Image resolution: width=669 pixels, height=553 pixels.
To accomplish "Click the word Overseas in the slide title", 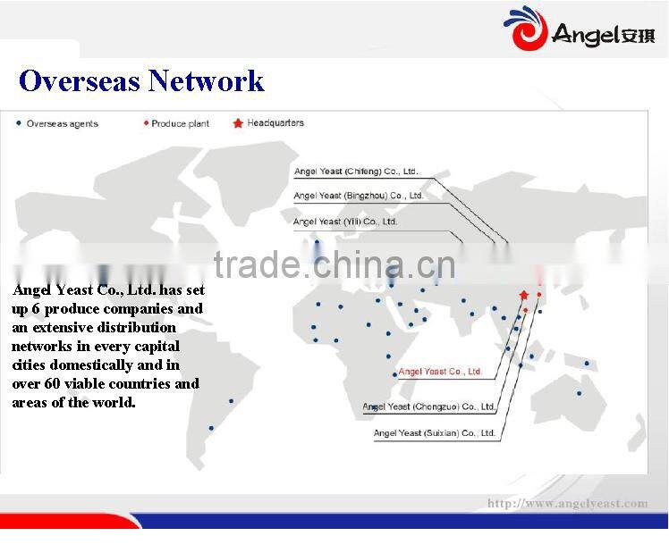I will tap(79, 81).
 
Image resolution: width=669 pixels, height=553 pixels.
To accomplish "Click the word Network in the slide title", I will tap(206, 81).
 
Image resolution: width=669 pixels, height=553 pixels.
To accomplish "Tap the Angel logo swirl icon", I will tap(525, 29).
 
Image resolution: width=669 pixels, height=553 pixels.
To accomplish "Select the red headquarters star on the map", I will tap(524, 295).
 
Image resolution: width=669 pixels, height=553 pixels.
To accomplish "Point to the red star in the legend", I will tap(238, 123).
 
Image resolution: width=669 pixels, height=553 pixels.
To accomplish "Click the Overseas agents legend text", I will tap(62, 123).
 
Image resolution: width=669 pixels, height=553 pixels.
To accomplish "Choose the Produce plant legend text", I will tap(180, 123).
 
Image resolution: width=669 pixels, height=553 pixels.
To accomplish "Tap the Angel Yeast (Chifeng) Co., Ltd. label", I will tap(356, 172).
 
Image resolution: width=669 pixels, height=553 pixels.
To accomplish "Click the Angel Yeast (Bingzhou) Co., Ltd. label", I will tap(358, 196).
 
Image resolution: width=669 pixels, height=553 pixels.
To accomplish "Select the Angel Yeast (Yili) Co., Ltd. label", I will tap(345, 221).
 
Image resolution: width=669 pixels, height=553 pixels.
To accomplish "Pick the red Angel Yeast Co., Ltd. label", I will tap(440, 372).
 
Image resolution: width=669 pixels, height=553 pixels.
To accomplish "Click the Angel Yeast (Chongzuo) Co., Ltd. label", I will tap(428, 406).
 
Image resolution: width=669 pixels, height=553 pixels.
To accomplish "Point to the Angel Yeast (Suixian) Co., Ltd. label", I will tap(434, 433).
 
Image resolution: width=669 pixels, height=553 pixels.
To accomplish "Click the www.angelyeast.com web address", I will tap(567, 504).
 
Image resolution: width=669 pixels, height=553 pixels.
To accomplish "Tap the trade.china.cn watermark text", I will tap(334, 265).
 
